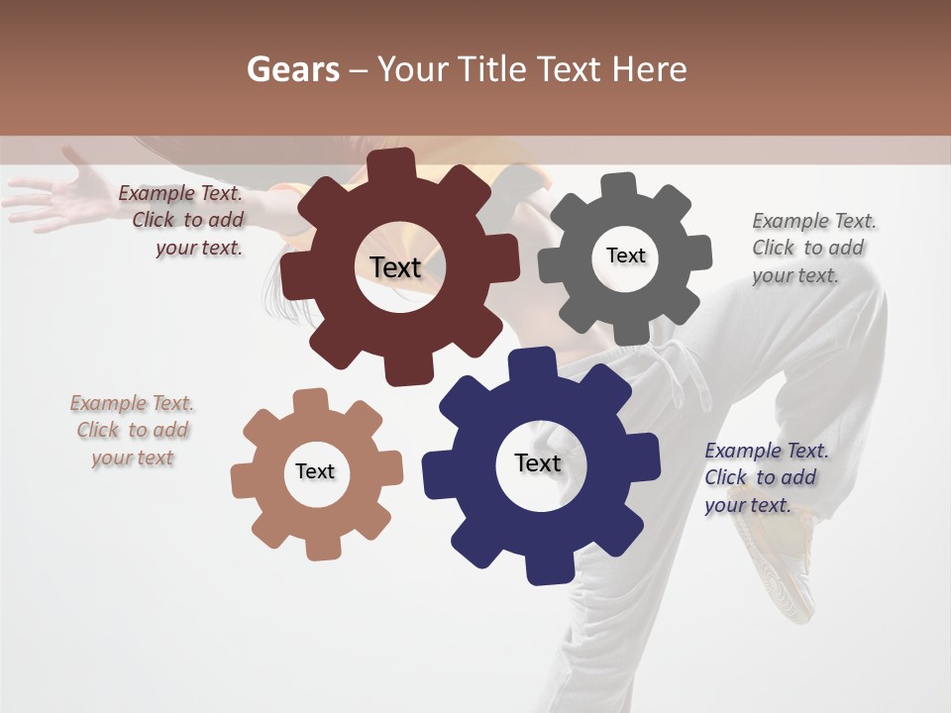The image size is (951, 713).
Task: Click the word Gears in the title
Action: tap(290, 69)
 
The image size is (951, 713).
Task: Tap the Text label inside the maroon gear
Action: tap(395, 267)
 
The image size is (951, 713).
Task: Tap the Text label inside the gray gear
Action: tap(625, 255)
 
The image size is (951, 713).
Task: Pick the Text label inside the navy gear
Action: tap(538, 462)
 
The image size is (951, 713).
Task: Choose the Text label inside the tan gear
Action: tap(315, 471)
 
